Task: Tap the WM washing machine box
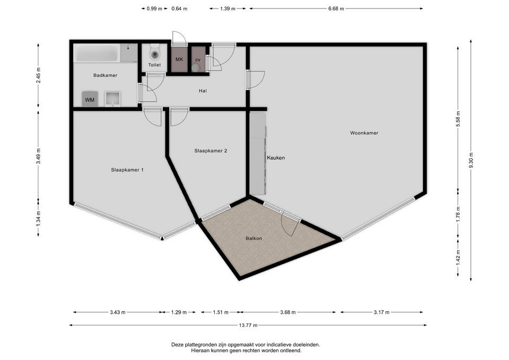coord(90,99)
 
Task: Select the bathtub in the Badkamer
coord(97,53)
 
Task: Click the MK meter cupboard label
coord(179,59)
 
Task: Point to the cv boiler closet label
coord(198,60)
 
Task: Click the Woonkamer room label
coord(364,133)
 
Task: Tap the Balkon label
coord(253,238)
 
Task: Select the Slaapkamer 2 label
coord(210,151)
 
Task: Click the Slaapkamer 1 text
coord(127,170)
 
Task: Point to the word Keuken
coord(276,158)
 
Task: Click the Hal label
coord(203,91)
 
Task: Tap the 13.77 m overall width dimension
coord(248,325)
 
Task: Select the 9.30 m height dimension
coord(471,160)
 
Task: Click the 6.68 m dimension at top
coord(336,9)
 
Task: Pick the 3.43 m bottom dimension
coord(118,312)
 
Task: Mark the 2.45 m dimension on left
coord(38,75)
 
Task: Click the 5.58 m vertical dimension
coord(458,119)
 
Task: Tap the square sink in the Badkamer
coord(112,99)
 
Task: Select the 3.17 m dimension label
coord(381,312)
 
